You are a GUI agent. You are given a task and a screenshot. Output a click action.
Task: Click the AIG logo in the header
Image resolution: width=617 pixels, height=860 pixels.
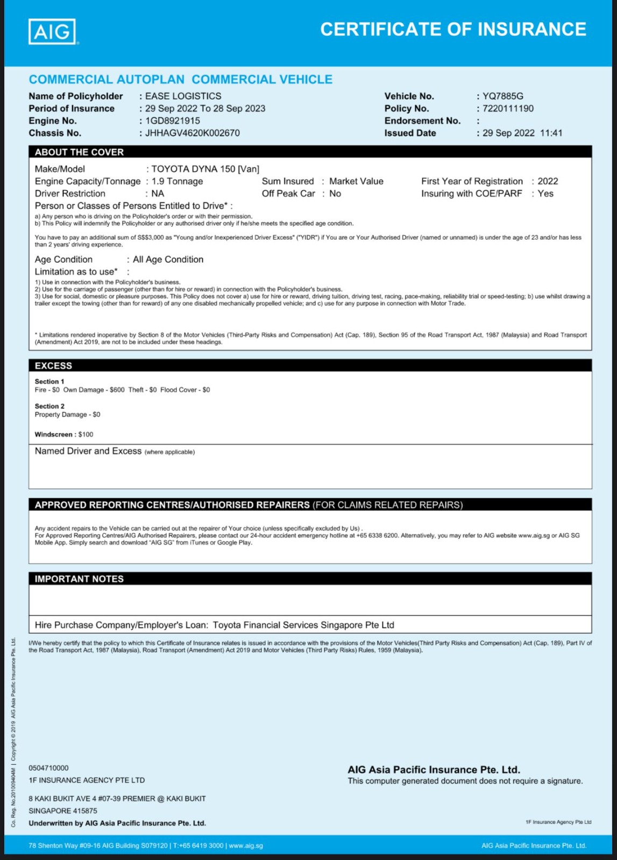pyautogui.click(x=52, y=32)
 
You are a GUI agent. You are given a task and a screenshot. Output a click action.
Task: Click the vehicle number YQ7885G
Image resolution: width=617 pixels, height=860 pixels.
pyautogui.click(x=502, y=96)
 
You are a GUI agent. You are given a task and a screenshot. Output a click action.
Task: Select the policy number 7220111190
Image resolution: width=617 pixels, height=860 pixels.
pyautogui.click(x=508, y=109)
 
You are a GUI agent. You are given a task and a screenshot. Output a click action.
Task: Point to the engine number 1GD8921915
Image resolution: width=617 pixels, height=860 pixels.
pyautogui.click(x=172, y=121)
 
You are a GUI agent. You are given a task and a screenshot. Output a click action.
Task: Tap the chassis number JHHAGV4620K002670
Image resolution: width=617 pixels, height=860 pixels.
pyautogui.click(x=192, y=133)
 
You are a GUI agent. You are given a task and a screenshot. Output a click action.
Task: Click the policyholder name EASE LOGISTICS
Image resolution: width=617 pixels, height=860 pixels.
pyautogui.click(x=183, y=96)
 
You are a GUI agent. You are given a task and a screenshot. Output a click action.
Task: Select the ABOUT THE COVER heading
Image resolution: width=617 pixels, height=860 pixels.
pyautogui.click(x=79, y=152)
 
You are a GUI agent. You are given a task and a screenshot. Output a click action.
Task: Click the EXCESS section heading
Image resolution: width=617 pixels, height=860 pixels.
pyautogui.click(x=53, y=365)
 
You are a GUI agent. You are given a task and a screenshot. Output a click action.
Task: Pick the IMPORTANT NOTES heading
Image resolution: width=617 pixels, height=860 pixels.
pyautogui.click(x=79, y=579)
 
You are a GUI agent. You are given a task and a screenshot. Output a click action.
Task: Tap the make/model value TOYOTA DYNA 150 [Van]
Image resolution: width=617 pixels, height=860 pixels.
pyautogui.click(x=205, y=169)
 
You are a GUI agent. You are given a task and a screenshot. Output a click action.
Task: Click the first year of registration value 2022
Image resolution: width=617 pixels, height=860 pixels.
pyautogui.click(x=548, y=181)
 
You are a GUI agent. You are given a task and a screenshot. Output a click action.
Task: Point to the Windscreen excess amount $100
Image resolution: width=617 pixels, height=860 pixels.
pyautogui.click(x=86, y=434)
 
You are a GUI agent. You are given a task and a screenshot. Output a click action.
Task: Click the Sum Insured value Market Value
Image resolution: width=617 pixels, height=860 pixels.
pyautogui.click(x=356, y=181)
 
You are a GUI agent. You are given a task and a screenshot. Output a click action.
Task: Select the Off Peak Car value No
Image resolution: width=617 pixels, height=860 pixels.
pyautogui.click(x=335, y=193)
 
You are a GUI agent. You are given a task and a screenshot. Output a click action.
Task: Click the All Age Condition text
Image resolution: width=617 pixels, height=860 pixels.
pyautogui.click(x=168, y=260)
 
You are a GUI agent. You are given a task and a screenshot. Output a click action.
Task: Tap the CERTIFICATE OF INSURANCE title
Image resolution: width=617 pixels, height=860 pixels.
pyautogui.click(x=453, y=29)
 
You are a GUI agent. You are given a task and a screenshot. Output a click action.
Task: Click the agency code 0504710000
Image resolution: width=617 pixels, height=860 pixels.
pyautogui.click(x=48, y=768)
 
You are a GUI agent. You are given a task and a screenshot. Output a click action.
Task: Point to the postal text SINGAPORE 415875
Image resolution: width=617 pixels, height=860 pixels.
pyautogui.click(x=63, y=811)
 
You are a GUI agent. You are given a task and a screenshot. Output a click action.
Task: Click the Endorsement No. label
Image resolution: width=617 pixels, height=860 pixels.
pyautogui.click(x=422, y=121)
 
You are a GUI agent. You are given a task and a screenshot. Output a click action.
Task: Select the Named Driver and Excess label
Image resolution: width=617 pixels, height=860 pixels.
pyautogui.click(x=88, y=451)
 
